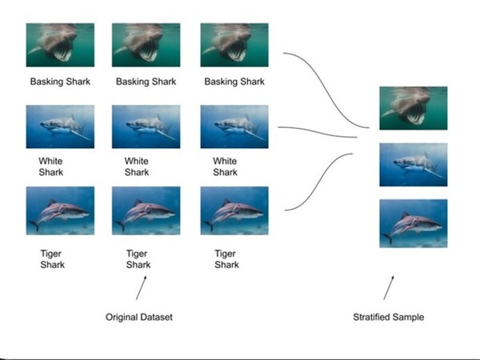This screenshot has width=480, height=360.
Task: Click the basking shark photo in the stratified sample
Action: (x=413, y=108)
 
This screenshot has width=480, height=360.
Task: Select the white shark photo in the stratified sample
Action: (x=413, y=165)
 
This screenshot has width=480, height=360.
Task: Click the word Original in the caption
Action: (x=122, y=318)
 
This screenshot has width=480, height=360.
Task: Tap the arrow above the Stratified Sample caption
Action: (x=390, y=286)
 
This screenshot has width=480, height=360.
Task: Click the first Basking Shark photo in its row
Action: (x=60, y=44)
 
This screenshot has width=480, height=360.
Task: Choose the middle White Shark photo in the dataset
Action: (x=146, y=126)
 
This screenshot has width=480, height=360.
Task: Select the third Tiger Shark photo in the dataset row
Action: (x=234, y=210)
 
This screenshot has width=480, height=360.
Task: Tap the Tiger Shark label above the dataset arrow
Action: (x=138, y=258)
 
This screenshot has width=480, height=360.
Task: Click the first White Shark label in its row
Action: (x=50, y=166)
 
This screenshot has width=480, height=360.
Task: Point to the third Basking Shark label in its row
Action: (x=234, y=82)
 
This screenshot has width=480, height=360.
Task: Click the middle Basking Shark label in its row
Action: (x=146, y=82)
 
